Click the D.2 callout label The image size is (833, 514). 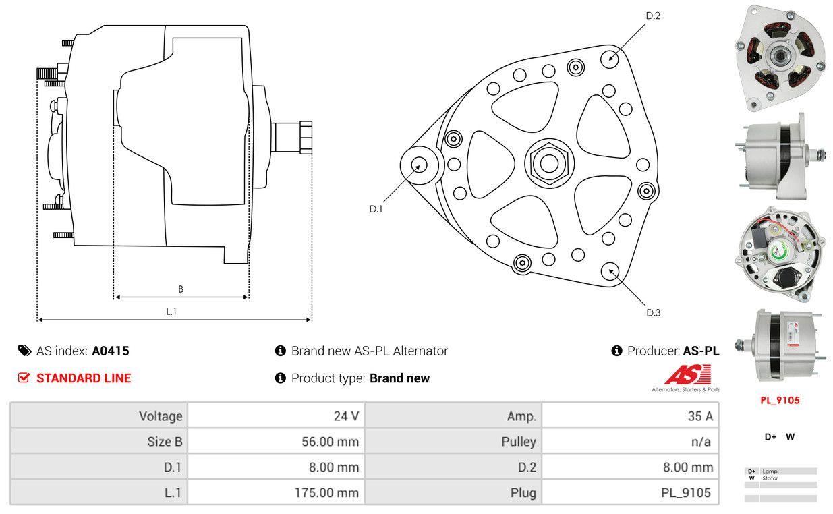coord(652,16)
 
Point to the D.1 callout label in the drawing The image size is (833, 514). coord(376,209)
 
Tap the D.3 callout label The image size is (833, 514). coord(653,312)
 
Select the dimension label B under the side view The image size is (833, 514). coord(181,289)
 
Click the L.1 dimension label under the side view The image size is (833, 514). coord(171,311)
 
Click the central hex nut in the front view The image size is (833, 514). coord(545,163)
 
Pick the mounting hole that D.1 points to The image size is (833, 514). coord(418,165)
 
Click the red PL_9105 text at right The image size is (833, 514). coord(780,400)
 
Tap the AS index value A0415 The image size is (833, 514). coord(111,351)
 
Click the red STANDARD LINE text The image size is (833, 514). coord(84,378)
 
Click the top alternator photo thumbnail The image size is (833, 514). coord(780,57)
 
